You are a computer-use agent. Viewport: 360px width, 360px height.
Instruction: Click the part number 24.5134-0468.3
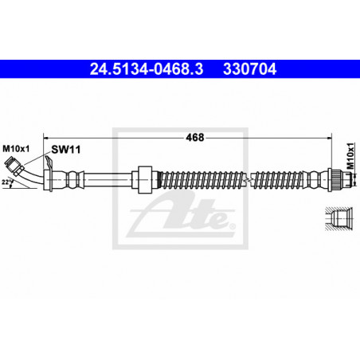click(x=147, y=69)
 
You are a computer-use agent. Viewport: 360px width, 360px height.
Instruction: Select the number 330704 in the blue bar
click(x=250, y=69)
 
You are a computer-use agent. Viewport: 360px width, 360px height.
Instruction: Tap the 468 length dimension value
click(x=195, y=138)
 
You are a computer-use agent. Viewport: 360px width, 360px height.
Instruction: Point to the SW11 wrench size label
click(x=66, y=150)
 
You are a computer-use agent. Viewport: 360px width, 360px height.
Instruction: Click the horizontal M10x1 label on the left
click(x=16, y=149)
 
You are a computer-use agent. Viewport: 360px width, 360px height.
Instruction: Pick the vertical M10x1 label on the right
click(x=350, y=156)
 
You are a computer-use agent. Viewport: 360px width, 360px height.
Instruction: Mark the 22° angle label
click(x=7, y=182)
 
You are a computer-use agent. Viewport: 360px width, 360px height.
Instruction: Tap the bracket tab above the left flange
click(x=49, y=162)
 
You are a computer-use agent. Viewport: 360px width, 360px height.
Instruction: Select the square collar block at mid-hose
click(x=145, y=179)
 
